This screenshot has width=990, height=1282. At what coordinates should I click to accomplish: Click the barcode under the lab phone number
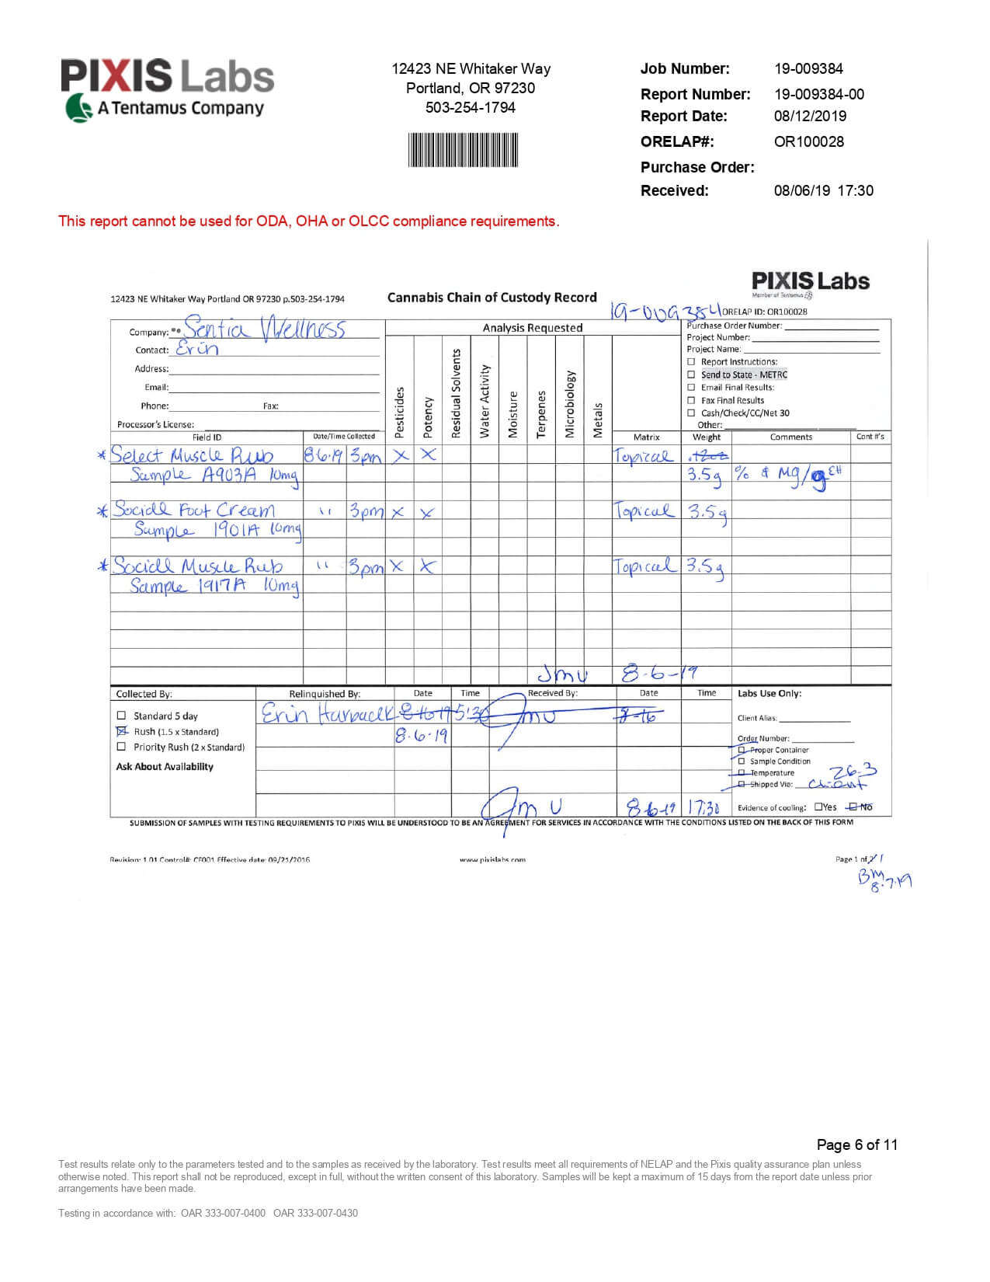(x=464, y=150)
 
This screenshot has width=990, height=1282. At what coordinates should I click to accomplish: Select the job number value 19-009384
(x=808, y=68)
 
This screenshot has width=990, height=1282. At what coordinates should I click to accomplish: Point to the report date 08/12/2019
(x=810, y=116)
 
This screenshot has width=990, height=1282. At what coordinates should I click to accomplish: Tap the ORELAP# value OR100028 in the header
(x=808, y=141)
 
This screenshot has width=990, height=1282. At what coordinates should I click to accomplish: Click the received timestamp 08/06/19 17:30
(x=823, y=190)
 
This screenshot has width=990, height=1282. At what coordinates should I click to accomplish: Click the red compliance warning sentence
(x=308, y=221)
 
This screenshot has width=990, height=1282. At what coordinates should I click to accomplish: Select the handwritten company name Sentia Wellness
(x=265, y=329)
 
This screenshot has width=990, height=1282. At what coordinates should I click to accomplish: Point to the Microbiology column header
(x=569, y=403)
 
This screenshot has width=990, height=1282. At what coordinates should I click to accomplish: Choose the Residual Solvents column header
(x=456, y=393)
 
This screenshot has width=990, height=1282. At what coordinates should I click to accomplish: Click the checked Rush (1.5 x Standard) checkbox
(x=121, y=731)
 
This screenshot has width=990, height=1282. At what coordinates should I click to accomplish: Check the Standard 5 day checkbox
(x=121, y=716)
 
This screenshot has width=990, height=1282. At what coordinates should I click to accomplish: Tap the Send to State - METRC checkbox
(x=691, y=374)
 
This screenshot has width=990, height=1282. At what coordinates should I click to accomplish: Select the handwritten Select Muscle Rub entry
(x=192, y=455)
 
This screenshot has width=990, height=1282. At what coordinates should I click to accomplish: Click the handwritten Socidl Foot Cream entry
(x=193, y=510)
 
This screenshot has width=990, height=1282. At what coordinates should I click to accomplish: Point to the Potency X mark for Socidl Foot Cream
(x=427, y=513)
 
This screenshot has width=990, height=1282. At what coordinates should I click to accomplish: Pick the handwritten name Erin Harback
(x=327, y=714)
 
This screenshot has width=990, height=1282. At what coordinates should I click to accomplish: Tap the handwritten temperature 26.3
(x=853, y=772)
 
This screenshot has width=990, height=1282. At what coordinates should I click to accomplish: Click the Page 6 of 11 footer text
(x=856, y=1144)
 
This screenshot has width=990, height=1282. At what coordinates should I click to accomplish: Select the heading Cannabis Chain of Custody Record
(x=492, y=298)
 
